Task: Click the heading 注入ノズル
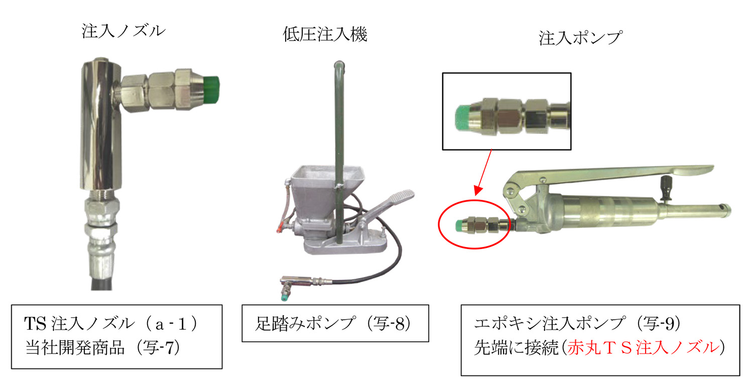(x=123, y=31)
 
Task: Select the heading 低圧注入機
(x=325, y=34)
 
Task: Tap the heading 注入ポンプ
(x=580, y=38)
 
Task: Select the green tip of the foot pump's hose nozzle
(x=285, y=298)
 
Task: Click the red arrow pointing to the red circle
(x=484, y=172)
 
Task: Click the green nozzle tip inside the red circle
(x=459, y=225)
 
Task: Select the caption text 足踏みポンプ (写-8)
(x=332, y=323)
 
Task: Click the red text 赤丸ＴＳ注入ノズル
(x=643, y=347)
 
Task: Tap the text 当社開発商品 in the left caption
(x=75, y=347)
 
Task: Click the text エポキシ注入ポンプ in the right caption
(x=550, y=323)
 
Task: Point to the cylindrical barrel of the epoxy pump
(x=605, y=212)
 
